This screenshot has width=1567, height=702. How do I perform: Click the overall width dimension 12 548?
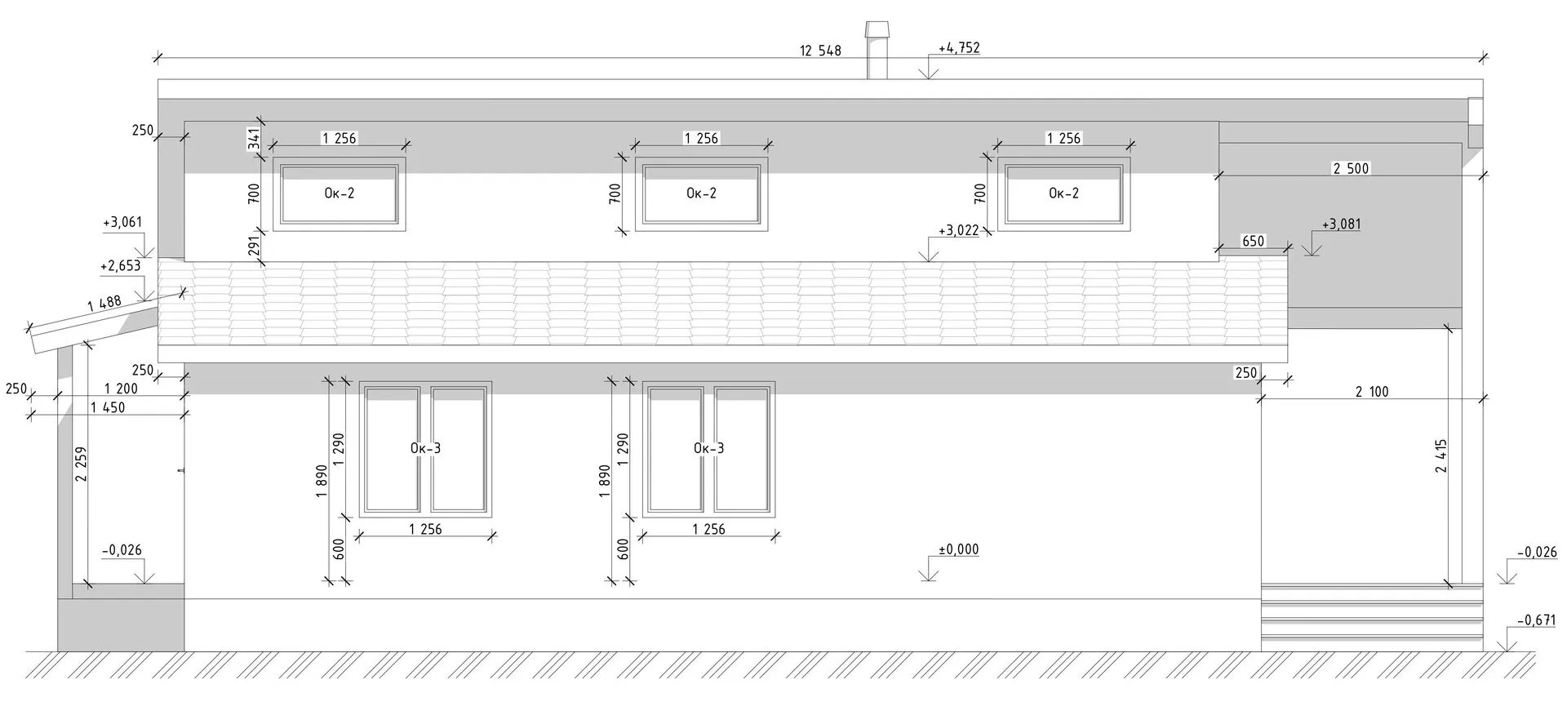point(820,51)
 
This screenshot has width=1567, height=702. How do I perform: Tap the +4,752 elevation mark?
point(959,48)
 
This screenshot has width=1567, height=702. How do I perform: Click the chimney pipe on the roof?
point(877,51)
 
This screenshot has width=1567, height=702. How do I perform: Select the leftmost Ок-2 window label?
point(339,193)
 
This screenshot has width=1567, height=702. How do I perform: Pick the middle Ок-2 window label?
point(701,193)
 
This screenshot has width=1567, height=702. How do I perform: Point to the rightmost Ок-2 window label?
point(1063,193)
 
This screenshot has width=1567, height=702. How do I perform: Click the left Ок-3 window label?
point(425,448)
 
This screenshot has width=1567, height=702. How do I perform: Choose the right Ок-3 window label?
point(708,448)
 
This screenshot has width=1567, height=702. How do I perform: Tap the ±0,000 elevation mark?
point(959,550)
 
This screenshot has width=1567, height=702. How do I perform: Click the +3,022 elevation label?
point(958,231)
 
